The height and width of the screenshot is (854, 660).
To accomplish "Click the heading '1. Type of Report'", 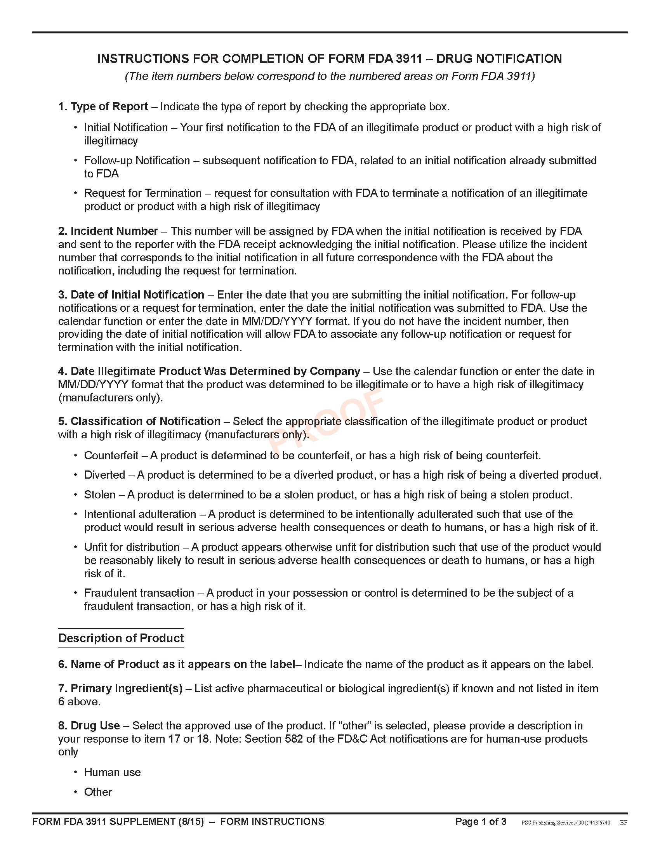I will point(103,106).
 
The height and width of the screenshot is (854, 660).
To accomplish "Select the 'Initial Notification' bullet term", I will point(126,127).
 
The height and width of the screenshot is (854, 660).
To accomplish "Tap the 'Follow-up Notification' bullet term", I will point(137,160).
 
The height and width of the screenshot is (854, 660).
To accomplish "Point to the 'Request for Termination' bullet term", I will point(143,193).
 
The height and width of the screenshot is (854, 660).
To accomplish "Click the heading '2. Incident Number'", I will point(108,231).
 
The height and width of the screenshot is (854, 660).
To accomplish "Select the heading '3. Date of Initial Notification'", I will point(131,295).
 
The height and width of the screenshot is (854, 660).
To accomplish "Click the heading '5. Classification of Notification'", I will point(139,421).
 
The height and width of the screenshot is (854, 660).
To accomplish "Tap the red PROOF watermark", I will point(327,420).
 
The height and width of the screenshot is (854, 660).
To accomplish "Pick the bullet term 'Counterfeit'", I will point(111,456).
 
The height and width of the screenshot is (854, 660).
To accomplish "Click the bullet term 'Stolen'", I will point(100,495).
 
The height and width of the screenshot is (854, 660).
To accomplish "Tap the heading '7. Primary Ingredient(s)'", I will point(120,688).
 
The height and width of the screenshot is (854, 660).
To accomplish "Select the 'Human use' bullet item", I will point(112,772).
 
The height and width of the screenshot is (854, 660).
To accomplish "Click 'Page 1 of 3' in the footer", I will point(481,821).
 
